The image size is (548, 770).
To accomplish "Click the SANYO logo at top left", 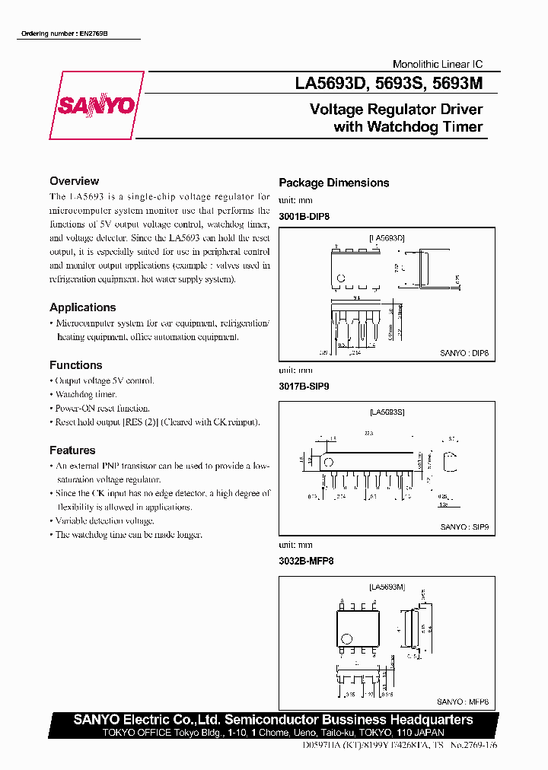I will tap(97, 105).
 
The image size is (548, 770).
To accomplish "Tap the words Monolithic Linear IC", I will tap(437, 65).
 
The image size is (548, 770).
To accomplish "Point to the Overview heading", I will tap(74, 181).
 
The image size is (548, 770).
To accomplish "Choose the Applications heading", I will tap(82, 307).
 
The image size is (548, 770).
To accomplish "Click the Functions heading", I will tap(75, 365).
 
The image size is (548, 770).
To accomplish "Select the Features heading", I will tap(72, 450).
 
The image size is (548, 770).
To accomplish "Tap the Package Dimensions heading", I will tap(333, 183).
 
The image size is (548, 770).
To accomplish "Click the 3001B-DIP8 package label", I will tap(304, 217).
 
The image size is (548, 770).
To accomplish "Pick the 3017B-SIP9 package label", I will tap(304, 386).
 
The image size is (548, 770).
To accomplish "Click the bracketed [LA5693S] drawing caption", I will tap(387, 412).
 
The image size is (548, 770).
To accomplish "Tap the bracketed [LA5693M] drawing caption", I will tap(387, 587).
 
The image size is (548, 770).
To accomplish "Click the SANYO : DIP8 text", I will tap(464, 353).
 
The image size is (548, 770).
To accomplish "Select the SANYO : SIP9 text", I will tap(464, 527).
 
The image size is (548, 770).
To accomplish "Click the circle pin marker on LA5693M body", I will tap(347, 638).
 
